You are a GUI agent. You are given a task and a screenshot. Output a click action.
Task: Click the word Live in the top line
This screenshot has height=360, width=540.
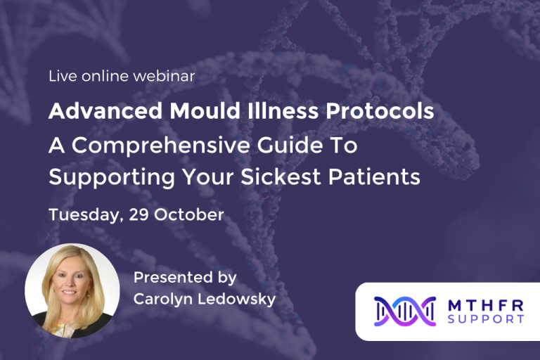click(61, 77)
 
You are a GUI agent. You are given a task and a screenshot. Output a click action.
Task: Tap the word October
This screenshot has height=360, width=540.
click(189, 214)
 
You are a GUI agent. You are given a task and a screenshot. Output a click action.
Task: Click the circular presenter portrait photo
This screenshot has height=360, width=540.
click(72, 290)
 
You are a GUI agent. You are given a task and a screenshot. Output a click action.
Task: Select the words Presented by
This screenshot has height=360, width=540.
click(185, 278)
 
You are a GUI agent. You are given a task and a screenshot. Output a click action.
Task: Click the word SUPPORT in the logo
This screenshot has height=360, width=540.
click(487, 319)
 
